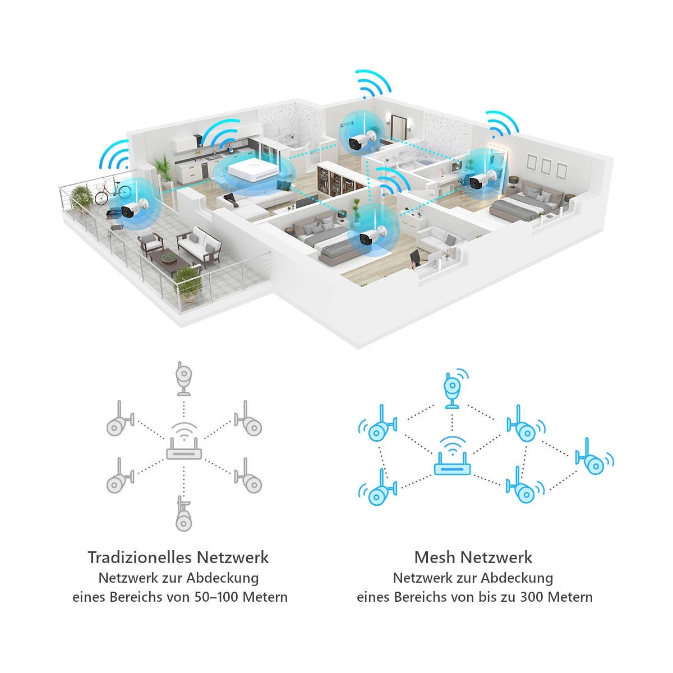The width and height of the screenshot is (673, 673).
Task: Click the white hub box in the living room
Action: tap(252, 170)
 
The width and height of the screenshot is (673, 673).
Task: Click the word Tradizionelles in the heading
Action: tap(140, 557)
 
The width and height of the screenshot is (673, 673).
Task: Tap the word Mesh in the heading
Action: tap(435, 557)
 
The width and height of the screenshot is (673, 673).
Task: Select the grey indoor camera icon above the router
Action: tap(183, 377)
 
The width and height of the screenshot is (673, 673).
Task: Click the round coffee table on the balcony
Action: tap(168, 257)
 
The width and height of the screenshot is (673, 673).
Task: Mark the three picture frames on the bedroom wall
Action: tap(546, 165)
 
